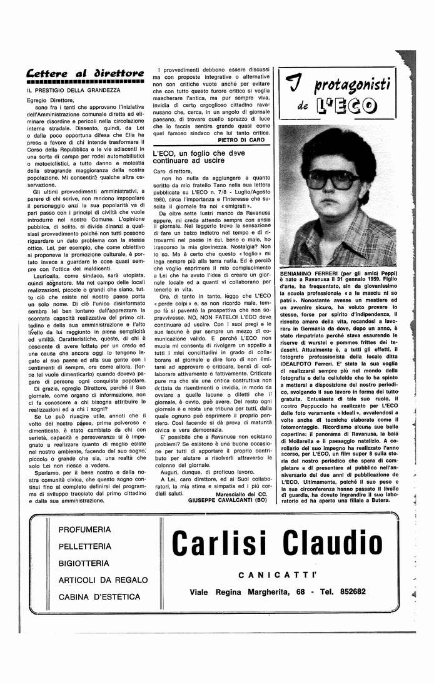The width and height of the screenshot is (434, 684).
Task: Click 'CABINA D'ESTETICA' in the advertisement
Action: (99, 596)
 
